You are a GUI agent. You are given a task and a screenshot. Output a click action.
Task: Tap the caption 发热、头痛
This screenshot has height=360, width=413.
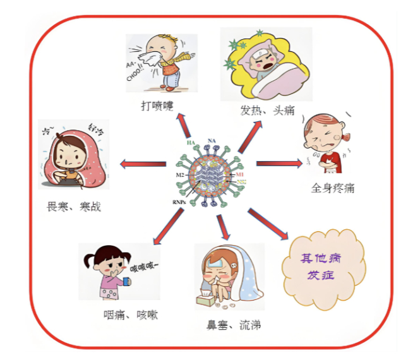tap(267, 110)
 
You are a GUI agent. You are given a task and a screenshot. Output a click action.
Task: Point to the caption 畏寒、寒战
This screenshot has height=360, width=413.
tap(74, 207)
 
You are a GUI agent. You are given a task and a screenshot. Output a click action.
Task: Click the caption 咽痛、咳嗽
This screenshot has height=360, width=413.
tap(130, 314)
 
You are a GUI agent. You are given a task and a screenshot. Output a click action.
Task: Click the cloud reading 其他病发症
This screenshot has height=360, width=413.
tap(325, 267)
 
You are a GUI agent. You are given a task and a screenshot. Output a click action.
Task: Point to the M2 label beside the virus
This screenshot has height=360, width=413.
tap(179, 174)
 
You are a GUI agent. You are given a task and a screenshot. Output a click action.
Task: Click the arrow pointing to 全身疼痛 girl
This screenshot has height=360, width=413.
tap(278, 164)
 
